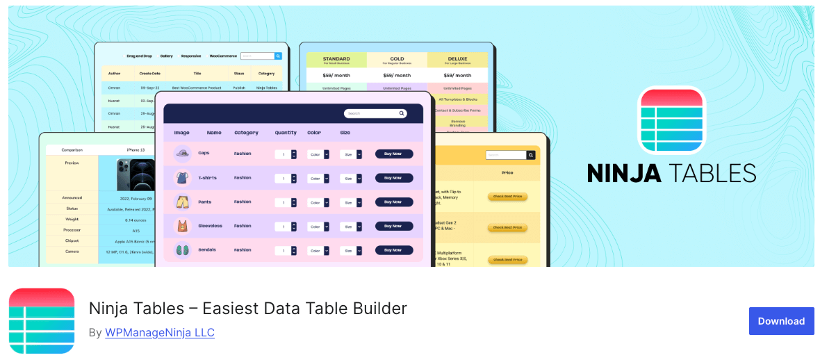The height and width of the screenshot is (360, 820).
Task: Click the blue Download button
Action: [x=781, y=321]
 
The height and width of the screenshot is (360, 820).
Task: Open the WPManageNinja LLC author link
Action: [x=159, y=333]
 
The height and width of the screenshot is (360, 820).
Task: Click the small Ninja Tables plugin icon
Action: [x=42, y=321]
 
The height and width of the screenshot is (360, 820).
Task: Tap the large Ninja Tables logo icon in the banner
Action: [x=671, y=120]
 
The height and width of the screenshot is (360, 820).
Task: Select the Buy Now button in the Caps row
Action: [x=394, y=154]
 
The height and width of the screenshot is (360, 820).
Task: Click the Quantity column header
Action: [x=286, y=133]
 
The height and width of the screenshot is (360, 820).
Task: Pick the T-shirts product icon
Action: [x=182, y=178]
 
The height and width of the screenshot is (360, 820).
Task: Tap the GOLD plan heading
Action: [x=397, y=60]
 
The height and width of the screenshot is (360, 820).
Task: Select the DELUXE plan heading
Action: [x=457, y=60]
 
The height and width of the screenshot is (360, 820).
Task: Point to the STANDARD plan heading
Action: [x=336, y=60]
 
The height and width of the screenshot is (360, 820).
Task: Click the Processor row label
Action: [x=72, y=229]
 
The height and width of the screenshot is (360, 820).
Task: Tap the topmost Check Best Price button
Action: [x=507, y=196]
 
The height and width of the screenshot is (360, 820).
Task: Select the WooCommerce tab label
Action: [x=223, y=56]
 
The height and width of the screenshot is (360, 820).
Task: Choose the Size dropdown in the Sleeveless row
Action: [x=351, y=227]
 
